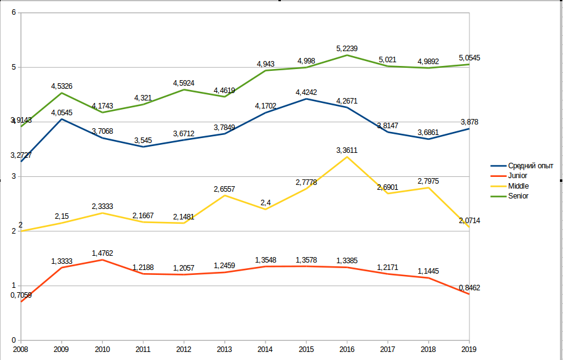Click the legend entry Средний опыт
pyautogui.click(x=530, y=166)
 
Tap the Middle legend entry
pyautogui.click(x=518, y=186)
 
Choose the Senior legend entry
pyautogui.click(x=518, y=195)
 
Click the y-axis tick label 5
pyautogui.click(x=14, y=67)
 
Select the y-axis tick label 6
pyautogui.click(x=14, y=13)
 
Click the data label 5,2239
pyautogui.click(x=347, y=48)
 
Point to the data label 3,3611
pyautogui.click(x=347, y=150)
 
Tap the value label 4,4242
pyautogui.click(x=306, y=92)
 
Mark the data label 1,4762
pyautogui.click(x=102, y=253)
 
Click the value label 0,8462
pyautogui.click(x=469, y=288)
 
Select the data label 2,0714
pyautogui.click(x=469, y=221)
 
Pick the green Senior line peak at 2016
pyautogui.click(x=347, y=55)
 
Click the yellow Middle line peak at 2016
pyautogui.click(x=347, y=157)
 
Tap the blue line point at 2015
pyautogui.click(x=306, y=99)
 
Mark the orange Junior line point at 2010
pyautogui.click(x=102, y=260)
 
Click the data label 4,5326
pyautogui.click(x=62, y=86)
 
